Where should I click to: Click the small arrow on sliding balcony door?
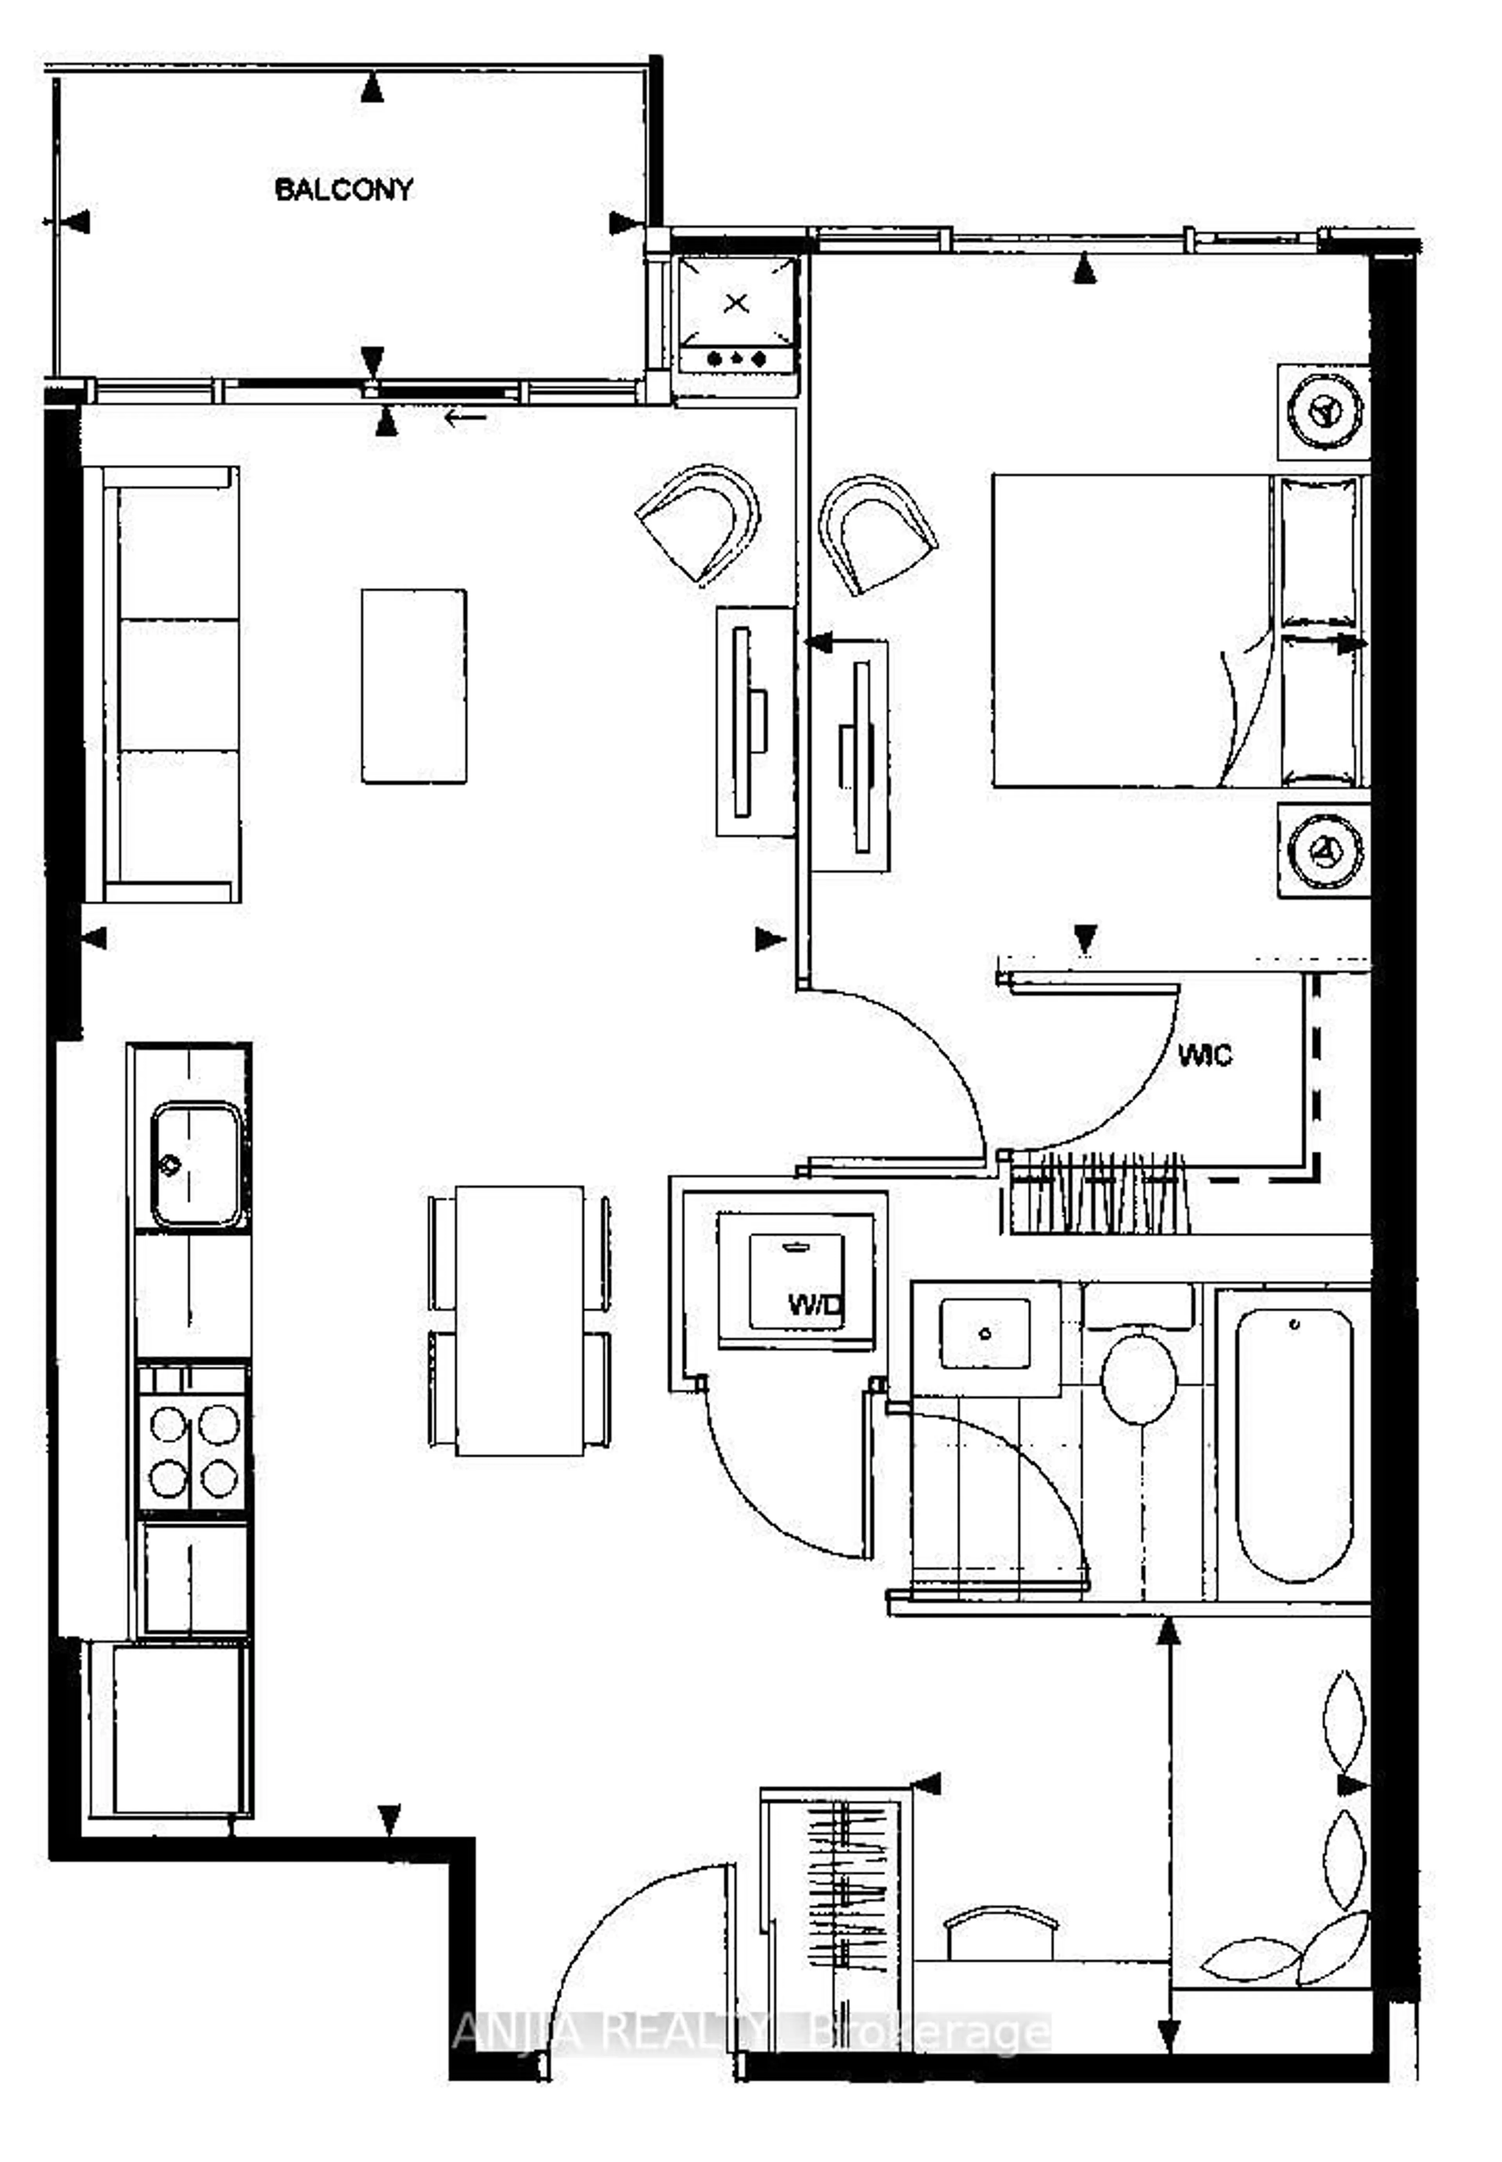[466, 417]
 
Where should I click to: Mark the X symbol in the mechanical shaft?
[737, 303]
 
